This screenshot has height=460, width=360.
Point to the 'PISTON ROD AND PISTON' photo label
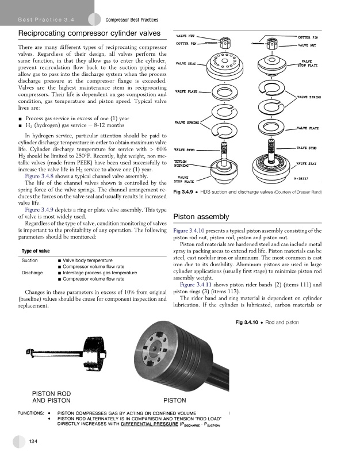pyautogui.click(x=51, y=397)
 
